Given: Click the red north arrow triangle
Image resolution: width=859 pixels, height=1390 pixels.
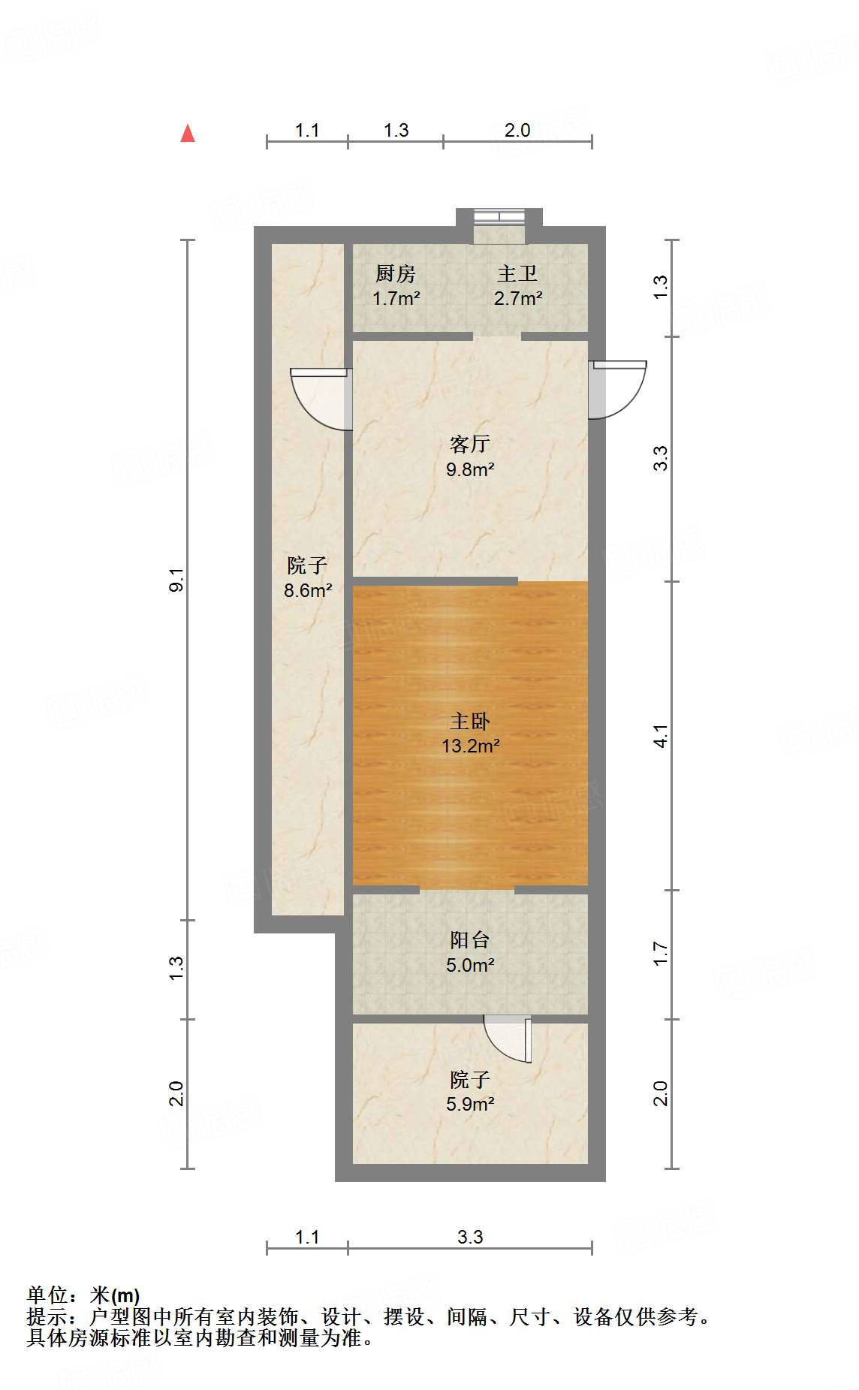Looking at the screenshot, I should tap(188, 134).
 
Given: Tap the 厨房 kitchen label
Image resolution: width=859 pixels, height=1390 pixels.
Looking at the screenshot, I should tap(396, 274).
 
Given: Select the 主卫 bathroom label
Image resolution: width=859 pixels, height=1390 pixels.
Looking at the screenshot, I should tap(517, 274).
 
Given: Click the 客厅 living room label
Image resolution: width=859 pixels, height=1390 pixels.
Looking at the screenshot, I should tap(470, 444).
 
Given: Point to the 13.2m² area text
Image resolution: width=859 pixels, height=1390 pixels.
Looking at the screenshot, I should tap(471, 746).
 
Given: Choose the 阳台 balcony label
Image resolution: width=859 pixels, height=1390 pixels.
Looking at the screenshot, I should tap(470, 940).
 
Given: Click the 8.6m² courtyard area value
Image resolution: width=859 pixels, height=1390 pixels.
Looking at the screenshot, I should tap(308, 590).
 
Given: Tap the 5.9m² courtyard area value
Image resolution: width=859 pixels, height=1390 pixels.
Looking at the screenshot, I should tap(470, 1104).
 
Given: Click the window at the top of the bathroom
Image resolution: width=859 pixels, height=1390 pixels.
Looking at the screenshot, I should tap(499, 218).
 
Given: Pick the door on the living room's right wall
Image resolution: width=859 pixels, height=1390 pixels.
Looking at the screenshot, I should tap(617, 389).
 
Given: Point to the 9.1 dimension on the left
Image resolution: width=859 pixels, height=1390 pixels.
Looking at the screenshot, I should tap(176, 580).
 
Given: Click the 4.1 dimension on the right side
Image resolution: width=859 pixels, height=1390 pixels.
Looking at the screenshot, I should tap(660, 736).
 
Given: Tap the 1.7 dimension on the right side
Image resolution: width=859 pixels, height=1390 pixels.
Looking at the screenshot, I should tap(660, 954).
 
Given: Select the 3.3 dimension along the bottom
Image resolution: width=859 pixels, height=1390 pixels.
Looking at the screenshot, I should tap(470, 1237).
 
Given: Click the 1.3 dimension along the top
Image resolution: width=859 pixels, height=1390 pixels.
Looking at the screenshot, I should tap(396, 131).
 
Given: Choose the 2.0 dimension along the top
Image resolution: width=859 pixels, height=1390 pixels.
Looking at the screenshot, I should tap(517, 131).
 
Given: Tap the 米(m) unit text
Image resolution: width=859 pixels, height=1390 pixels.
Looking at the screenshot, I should tap(115, 1295).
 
